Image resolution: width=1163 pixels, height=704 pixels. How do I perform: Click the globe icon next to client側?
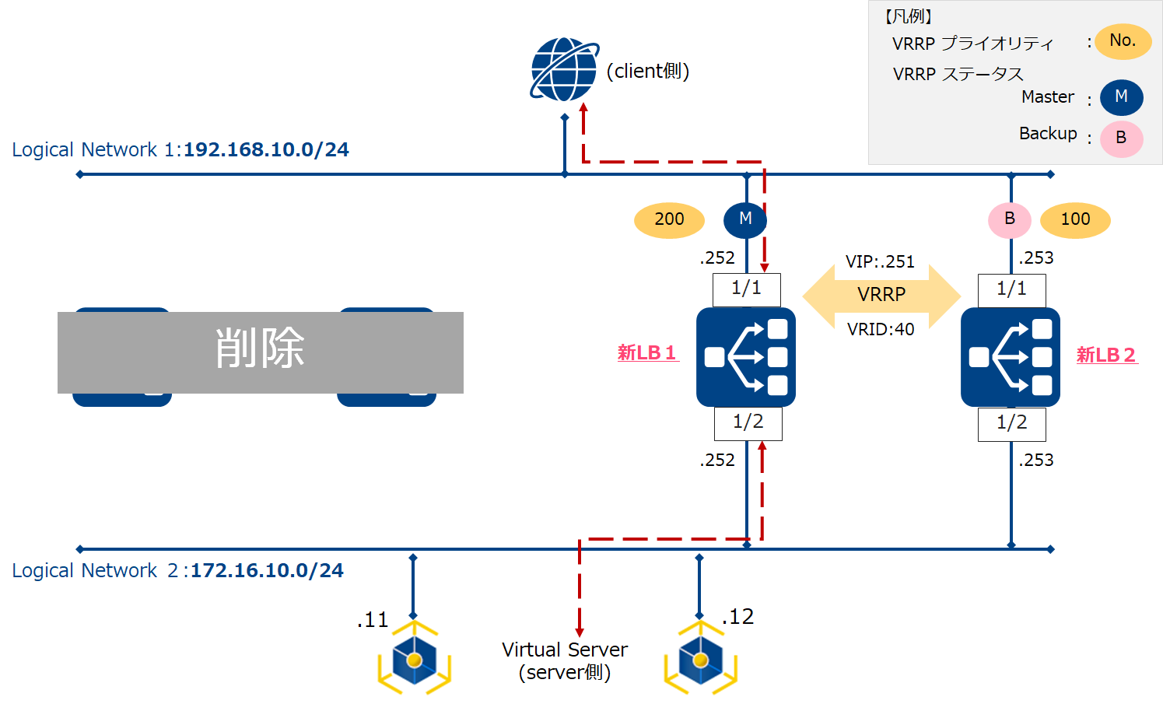pyautogui.click(x=564, y=69)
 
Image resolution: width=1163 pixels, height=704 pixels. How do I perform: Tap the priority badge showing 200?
pyautogui.click(x=669, y=220)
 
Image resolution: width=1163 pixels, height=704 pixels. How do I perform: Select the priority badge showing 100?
pyautogui.click(x=1075, y=220)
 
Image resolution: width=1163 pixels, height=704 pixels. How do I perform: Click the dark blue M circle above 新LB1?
pyautogui.click(x=744, y=220)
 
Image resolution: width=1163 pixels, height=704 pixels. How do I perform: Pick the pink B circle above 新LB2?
pyautogui.click(x=1009, y=220)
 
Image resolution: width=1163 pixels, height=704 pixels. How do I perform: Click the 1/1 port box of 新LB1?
pyautogui.click(x=746, y=289)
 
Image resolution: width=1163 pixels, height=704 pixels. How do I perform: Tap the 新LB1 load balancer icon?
pyautogui.click(x=746, y=357)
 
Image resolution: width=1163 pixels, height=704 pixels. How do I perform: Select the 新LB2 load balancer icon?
pyautogui.click(x=1011, y=357)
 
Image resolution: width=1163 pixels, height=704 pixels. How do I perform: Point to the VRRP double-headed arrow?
pyautogui.click(x=881, y=295)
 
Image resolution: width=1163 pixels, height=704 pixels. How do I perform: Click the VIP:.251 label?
pyautogui.click(x=880, y=261)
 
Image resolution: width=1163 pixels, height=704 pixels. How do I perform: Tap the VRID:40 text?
pyautogui.click(x=881, y=329)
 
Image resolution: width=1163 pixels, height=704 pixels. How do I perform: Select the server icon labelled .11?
pyautogui.click(x=414, y=659)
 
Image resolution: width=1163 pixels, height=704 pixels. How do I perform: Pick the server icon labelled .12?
pyautogui.click(x=700, y=659)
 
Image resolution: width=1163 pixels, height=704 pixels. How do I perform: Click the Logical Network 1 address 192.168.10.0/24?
pyautogui.click(x=266, y=149)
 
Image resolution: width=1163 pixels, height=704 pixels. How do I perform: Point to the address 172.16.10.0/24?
pyautogui.click(x=267, y=570)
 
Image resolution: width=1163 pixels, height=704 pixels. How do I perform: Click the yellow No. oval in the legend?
pyautogui.click(x=1123, y=41)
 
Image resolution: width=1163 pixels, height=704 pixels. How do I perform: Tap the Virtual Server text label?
pyautogui.click(x=565, y=650)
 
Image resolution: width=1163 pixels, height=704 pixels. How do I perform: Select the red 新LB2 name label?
pyautogui.click(x=1106, y=356)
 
